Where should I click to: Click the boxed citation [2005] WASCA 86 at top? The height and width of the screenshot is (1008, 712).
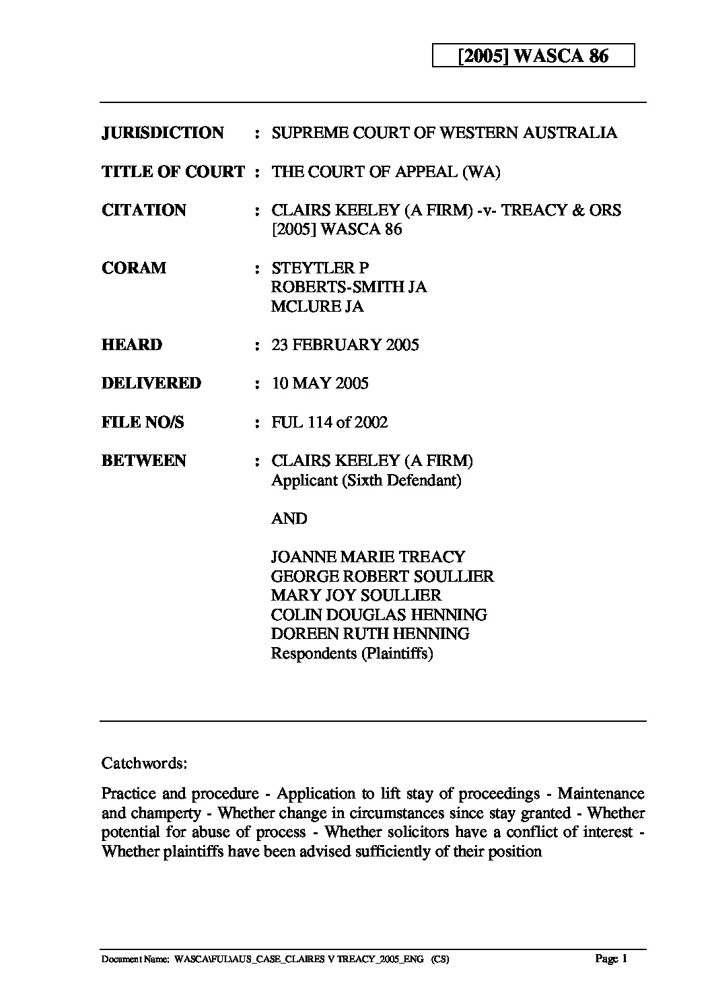coord(532,56)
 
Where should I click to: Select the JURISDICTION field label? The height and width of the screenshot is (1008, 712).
coord(162,133)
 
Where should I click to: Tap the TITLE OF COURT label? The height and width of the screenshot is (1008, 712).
coord(173,172)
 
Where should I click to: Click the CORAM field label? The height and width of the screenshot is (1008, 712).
coord(133,268)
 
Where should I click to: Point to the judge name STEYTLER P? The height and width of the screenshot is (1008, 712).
coord(320,268)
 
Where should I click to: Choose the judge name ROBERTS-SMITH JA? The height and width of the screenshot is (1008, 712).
coord(349,288)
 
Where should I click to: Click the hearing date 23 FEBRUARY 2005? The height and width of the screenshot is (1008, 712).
coord(345,345)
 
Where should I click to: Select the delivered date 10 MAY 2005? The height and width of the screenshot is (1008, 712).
coord(320,384)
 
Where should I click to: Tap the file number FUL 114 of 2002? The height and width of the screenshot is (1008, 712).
coord(329,422)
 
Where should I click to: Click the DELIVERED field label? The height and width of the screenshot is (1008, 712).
coord(151,384)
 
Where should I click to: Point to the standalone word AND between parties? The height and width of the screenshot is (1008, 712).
coord(289,518)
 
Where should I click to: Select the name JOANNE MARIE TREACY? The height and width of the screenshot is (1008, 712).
coord(367,557)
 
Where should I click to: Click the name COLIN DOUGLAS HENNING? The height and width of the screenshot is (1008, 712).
coord(378,615)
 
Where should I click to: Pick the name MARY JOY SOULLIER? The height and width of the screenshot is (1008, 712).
coord(356,595)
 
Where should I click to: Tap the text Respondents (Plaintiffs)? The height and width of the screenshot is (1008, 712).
coord(351,653)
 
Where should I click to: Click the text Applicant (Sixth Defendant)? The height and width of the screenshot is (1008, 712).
coord(365,481)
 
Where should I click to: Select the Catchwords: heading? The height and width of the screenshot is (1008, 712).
coord(144,763)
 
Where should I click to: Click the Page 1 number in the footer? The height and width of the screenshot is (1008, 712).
coord(611,959)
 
